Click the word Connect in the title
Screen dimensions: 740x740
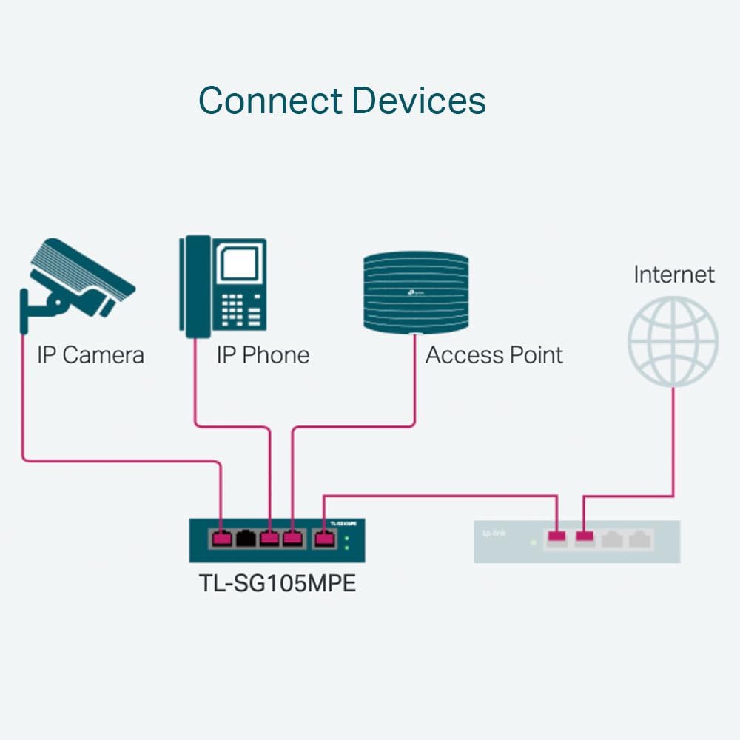(270, 100)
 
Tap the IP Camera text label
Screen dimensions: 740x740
(90, 355)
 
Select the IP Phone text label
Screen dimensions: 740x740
(263, 355)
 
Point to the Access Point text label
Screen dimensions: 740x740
(494, 355)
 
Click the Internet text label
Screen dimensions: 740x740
(673, 275)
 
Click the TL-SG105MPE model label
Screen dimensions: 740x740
(277, 583)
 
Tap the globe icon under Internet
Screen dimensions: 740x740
(673, 341)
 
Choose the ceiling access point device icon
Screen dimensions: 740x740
(415, 292)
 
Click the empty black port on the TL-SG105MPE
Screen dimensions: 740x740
(246, 539)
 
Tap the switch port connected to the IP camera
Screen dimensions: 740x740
(221, 539)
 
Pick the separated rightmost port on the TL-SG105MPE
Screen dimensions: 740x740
(323, 539)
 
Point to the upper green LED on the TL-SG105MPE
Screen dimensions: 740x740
(347, 537)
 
